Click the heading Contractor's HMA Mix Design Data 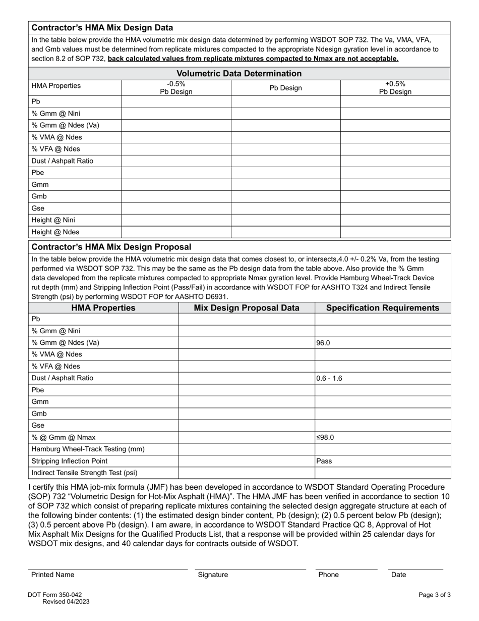point(102,28)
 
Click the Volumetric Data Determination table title point(239,74)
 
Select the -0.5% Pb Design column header point(176,88)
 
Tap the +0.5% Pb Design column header point(395,88)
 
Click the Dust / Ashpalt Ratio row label point(62,161)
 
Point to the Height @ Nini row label point(53,220)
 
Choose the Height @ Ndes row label point(55,232)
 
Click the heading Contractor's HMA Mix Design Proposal point(111,247)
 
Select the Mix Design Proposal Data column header point(247,308)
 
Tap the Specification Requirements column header point(383,308)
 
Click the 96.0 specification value point(323,343)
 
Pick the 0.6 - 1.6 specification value point(329,378)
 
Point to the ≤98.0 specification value point(325,437)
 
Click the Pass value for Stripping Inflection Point point(324,461)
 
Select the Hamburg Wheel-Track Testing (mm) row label point(88,449)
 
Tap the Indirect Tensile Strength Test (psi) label point(84,473)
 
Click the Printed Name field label point(52,575)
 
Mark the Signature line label point(213,575)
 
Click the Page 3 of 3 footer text point(435,595)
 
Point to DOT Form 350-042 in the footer point(55,595)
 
